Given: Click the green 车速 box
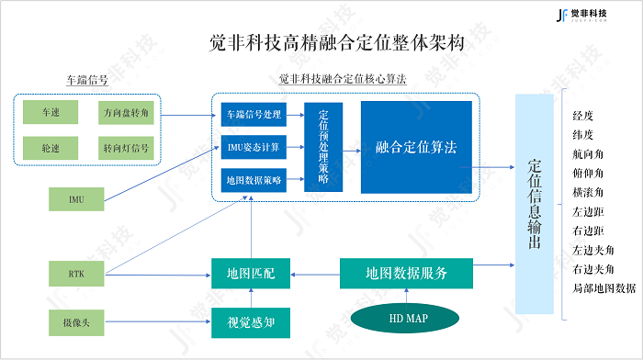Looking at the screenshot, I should [x=51, y=113].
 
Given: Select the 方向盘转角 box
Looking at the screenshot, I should [x=127, y=113].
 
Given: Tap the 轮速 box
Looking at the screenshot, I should [x=51, y=148].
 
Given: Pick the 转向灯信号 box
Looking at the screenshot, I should [x=127, y=148].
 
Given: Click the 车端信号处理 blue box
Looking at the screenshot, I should [x=254, y=114].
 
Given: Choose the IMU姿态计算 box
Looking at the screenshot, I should [x=254, y=147].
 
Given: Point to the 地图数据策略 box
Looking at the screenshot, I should [x=254, y=180].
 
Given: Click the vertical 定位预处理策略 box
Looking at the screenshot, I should [x=323, y=147].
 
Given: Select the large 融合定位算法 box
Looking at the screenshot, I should [x=416, y=147].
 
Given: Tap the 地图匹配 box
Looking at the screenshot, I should [x=251, y=273].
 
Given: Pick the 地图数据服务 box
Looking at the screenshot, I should [x=406, y=273].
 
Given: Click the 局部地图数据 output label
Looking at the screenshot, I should [x=604, y=287].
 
